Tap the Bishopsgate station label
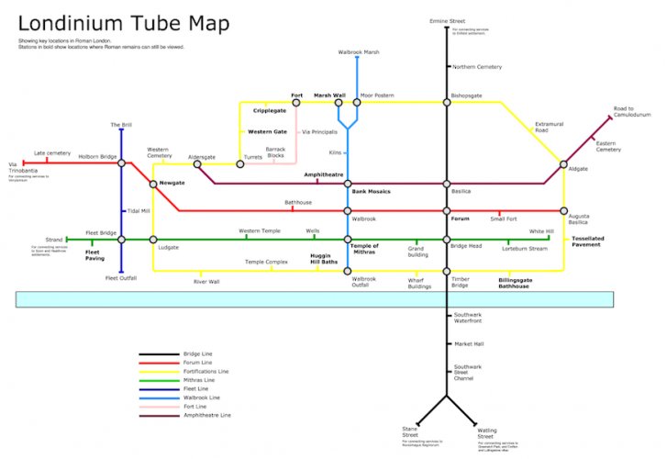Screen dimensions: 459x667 pos(466,95)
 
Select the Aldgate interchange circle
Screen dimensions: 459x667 pos(563,164)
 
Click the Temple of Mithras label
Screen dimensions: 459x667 pos(364,249)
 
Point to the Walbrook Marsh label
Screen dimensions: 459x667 pos(358,52)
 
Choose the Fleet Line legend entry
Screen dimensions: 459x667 pos(199,389)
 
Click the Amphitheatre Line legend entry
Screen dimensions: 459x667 pos(206,416)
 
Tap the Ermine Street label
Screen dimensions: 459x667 pos(448,19)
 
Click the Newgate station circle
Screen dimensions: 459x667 pos(154,184)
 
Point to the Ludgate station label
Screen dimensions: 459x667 pos(168,248)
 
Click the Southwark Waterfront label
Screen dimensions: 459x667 pos(470,319)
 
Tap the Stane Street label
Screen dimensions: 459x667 pos(409,431)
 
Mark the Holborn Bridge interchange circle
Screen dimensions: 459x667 pos(121,163)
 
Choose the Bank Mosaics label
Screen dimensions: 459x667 pos(371,191)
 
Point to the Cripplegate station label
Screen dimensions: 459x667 pos(270,110)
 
